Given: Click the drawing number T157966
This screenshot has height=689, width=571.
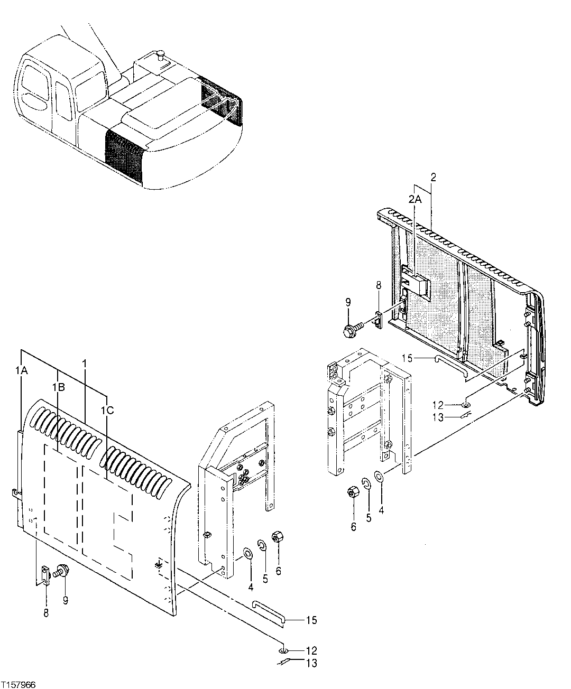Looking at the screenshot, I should click(x=19, y=684).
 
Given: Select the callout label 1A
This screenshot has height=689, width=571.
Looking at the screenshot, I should click(x=21, y=371).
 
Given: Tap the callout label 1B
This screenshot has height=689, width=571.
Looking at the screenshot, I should click(x=58, y=387).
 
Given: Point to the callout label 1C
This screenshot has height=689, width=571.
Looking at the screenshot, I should click(x=107, y=409).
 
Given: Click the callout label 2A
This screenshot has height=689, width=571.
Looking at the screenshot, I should click(x=415, y=199).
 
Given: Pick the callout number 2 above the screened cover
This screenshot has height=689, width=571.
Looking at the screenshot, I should click(x=432, y=177).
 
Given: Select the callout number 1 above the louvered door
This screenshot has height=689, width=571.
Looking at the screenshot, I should click(x=84, y=364).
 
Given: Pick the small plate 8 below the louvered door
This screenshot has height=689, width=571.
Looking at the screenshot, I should click(x=46, y=575).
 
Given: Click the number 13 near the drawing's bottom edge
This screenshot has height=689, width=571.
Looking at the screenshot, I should click(x=312, y=663).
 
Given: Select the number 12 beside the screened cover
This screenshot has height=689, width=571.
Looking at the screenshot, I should click(x=438, y=405).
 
